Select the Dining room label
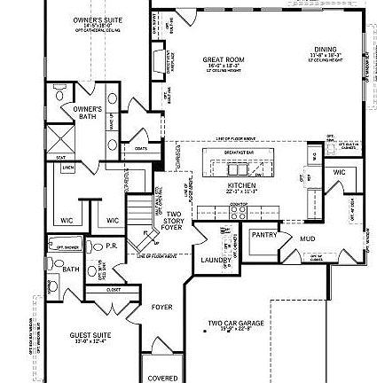point(323,53)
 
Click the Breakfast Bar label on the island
point(237,152)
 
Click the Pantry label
point(263,236)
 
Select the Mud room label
point(306,238)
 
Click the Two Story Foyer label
point(171,217)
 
